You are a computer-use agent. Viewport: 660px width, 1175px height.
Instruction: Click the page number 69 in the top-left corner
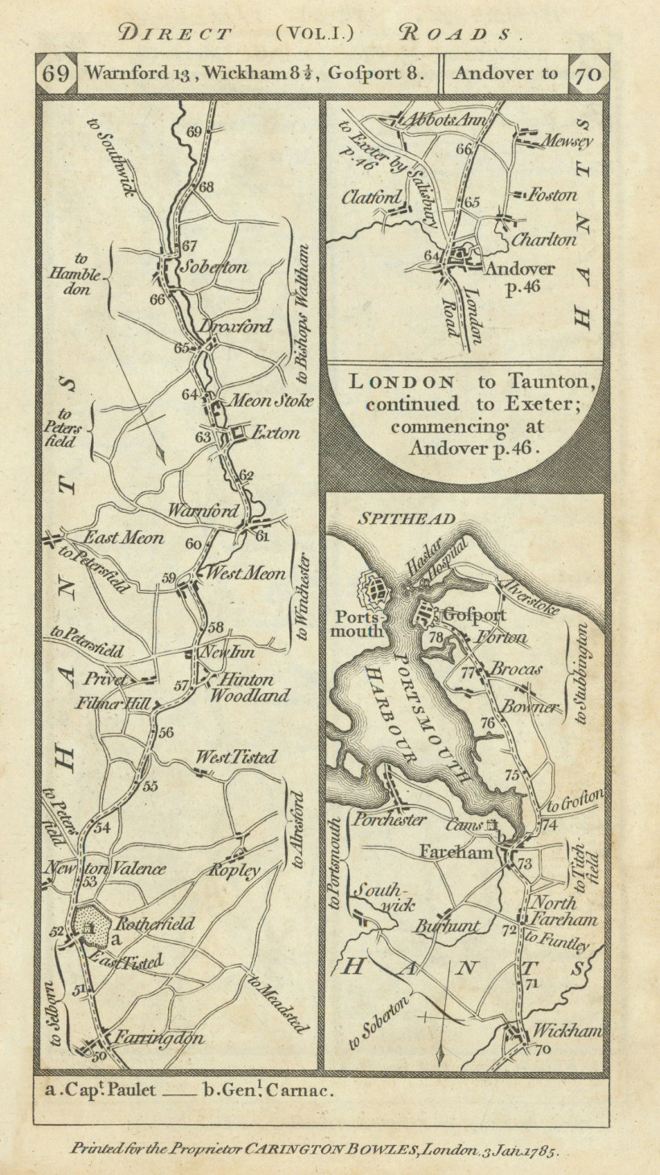(55, 73)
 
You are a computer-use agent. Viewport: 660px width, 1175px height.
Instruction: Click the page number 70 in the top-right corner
(588, 73)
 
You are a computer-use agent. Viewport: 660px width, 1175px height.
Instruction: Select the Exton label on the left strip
(275, 433)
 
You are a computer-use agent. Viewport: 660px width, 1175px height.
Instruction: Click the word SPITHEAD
(397, 519)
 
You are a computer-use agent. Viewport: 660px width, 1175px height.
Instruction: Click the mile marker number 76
(487, 723)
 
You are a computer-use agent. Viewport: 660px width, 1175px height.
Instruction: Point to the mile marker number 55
(151, 786)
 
